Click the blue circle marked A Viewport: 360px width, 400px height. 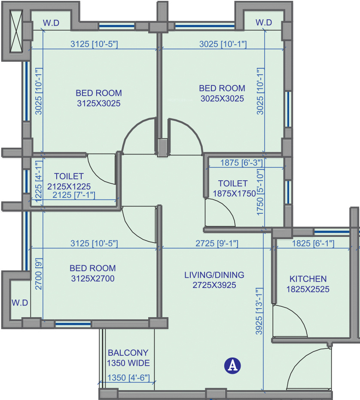(x=232, y=366)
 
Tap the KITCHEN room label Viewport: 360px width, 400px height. (x=308, y=284)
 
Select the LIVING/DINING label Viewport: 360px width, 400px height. (x=214, y=280)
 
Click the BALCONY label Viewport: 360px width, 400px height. (x=128, y=358)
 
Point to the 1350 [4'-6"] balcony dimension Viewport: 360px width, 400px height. (x=128, y=378)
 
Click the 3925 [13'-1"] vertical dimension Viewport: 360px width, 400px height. (x=259, y=311)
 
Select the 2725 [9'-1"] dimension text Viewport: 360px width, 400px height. (x=217, y=243)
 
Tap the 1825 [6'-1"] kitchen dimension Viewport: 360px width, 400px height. (x=313, y=243)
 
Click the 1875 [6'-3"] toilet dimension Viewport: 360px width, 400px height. (x=241, y=163)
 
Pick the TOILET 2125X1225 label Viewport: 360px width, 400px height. (x=69, y=181)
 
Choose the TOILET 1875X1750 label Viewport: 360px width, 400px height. (x=234, y=188)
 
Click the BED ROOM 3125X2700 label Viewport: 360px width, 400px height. (x=93, y=273)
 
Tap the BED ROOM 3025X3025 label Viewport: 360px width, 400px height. (x=222, y=93)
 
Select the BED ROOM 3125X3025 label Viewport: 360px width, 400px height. (x=99, y=98)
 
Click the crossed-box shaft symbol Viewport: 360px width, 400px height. (x=16, y=31)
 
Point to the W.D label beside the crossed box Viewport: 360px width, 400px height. (x=51, y=23)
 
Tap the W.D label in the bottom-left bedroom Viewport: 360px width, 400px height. (x=20, y=303)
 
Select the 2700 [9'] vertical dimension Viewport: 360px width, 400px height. (x=39, y=274)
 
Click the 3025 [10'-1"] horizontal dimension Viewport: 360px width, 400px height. (x=223, y=44)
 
